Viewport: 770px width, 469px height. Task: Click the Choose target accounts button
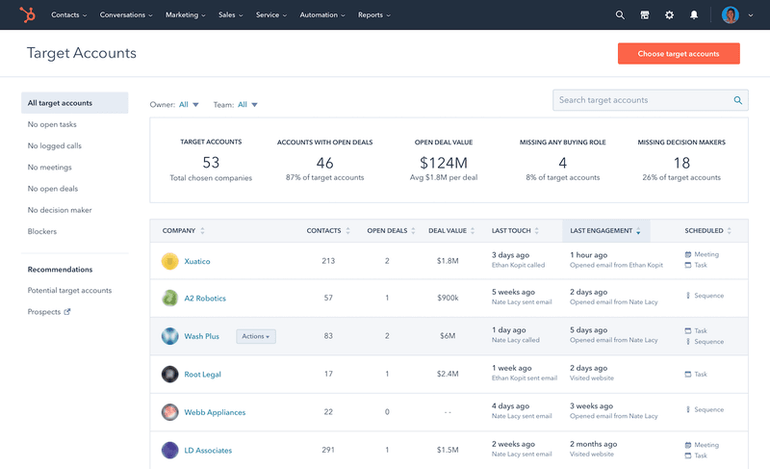tap(679, 54)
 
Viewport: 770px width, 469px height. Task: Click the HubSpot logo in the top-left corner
tap(32, 15)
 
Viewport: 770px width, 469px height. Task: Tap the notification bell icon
tap(694, 15)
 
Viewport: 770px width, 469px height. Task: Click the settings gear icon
tap(669, 15)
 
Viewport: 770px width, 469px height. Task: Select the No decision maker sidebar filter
tap(60, 210)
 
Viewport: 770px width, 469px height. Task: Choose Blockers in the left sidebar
tap(42, 231)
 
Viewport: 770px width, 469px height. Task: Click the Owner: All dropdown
tap(189, 104)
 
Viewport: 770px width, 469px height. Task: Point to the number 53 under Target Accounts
tap(211, 163)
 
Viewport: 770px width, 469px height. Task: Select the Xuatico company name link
tap(197, 261)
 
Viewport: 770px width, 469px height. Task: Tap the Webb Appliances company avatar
tap(169, 412)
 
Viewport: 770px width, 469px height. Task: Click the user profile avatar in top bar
tap(731, 15)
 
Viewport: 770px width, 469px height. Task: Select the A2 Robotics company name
tap(205, 299)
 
